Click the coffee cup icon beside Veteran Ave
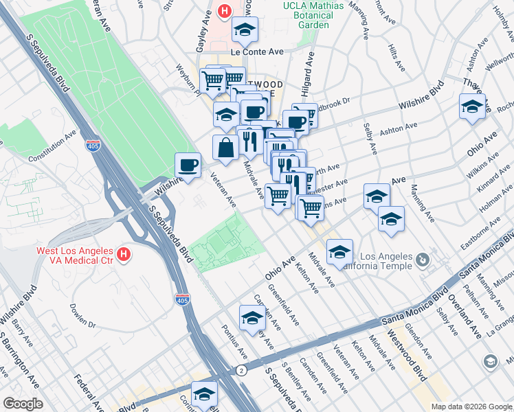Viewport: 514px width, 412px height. coord(188,165)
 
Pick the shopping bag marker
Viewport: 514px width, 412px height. coord(226,146)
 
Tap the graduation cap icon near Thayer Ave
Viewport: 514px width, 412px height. coord(472,106)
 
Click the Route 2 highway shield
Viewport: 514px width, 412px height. coord(241,370)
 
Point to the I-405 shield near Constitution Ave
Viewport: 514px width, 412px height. coord(93,146)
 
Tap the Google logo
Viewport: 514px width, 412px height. coord(23,403)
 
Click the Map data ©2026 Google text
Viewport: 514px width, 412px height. coord(471,407)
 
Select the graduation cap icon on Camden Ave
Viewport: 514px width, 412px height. coord(252,318)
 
